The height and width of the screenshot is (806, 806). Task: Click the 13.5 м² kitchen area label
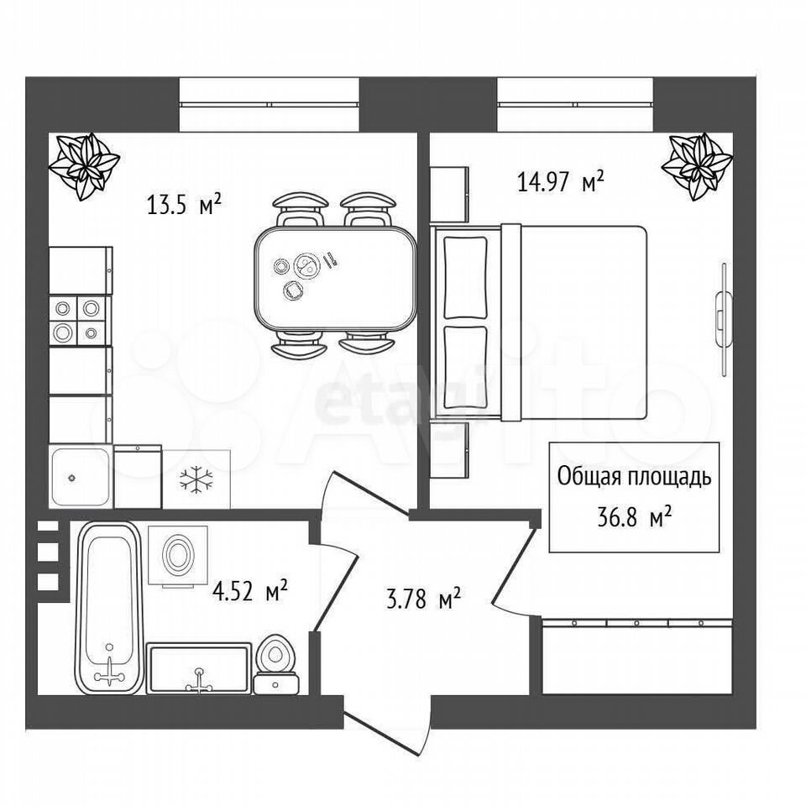184,204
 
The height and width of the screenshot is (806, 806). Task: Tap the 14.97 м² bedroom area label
560,181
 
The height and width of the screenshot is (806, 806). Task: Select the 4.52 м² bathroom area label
249,590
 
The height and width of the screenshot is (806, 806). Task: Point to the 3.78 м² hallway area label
423,599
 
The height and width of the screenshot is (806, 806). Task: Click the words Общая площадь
635,477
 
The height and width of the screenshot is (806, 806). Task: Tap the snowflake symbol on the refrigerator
196,479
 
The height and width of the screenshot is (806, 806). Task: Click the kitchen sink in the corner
81,477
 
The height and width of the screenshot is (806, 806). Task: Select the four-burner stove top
81,320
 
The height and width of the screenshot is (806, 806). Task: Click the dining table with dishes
335,279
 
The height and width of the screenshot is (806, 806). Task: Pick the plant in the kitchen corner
84,165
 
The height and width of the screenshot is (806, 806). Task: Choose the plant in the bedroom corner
697,165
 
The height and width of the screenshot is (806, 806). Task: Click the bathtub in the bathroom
109,608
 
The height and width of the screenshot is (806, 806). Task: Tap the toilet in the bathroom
276,664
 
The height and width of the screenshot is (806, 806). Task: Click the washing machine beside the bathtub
178,555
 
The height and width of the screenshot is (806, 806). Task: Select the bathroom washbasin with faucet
199,668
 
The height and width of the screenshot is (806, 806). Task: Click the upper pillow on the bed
465,278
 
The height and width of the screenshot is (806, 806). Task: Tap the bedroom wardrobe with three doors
637,656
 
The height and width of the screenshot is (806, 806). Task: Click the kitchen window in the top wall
269,104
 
